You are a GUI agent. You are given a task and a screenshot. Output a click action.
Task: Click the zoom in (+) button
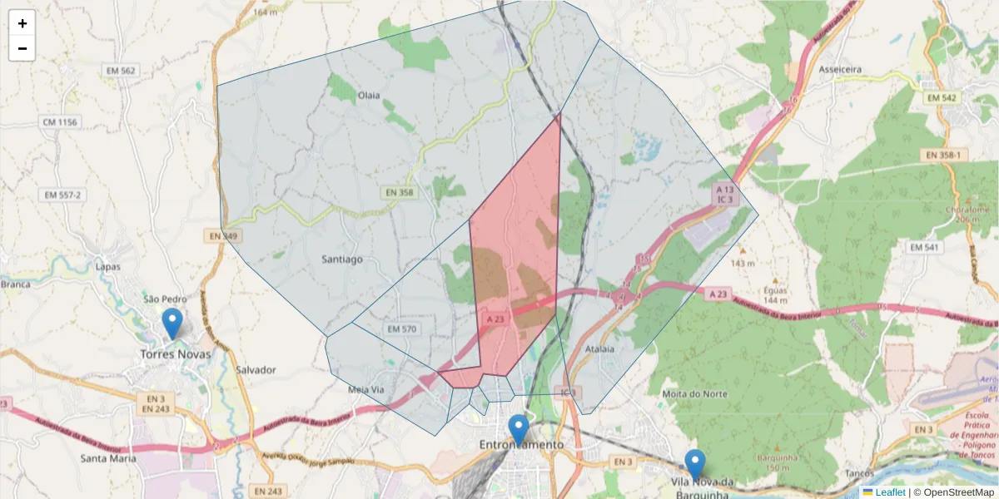click(22, 23)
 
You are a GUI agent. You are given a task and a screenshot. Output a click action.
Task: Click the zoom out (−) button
click(22, 48)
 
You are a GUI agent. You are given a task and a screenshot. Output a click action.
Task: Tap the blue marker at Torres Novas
click(172, 323)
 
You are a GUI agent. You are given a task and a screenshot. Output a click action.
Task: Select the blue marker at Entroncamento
click(519, 429)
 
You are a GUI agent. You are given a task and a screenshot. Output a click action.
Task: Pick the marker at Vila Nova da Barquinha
click(694, 464)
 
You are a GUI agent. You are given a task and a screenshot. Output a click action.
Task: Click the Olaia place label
click(368, 95)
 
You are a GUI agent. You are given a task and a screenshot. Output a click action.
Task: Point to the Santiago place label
click(342, 259)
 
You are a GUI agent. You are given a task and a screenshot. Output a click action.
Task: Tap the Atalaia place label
click(599, 349)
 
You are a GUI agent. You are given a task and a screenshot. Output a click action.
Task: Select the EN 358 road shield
click(400, 192)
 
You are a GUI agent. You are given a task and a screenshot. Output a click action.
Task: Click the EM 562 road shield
click(121, 71)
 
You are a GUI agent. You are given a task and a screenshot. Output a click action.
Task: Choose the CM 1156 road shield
click(59, 122)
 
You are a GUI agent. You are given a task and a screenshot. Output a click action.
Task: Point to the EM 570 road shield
click(401, 329)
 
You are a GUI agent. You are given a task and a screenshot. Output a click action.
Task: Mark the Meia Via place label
click(366, 389)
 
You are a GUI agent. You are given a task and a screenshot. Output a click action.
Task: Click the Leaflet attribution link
click(890, 492)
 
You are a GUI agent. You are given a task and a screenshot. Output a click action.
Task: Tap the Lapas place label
click(108, 267)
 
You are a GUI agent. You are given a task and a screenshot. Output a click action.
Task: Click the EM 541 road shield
click(924, 247)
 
